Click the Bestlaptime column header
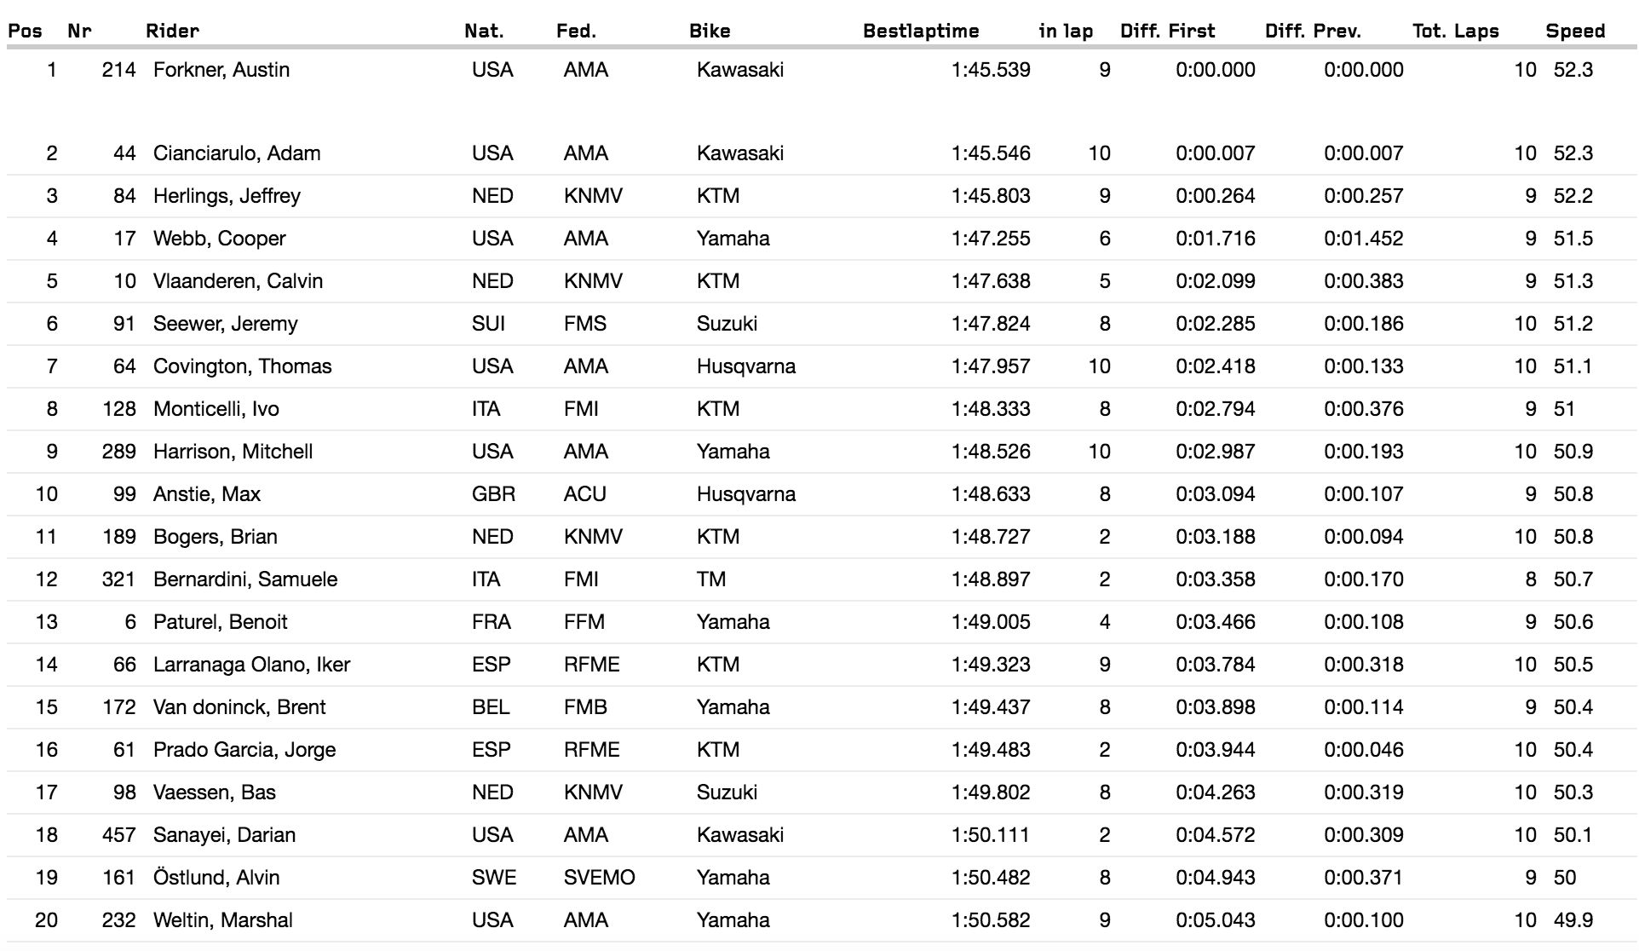tap(921, 32)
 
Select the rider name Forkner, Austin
tap(221, 70)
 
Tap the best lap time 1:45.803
tap(991, 196)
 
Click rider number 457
tap(118, 835)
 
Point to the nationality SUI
tap(488, 324)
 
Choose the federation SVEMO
tap(599, 878)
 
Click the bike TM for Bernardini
tap(710, 579)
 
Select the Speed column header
tap(1575, 32)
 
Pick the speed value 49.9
tap(1573, 920)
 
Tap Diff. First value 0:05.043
tap(1215, 920)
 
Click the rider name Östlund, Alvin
tap(216, 878)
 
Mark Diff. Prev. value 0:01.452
tap(1363, 239)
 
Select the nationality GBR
tap(493, 494)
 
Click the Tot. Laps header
tap(1455, 32)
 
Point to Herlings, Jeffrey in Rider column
tap(227, 196)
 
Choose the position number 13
tap(46, 622)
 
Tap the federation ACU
tap(584, 494)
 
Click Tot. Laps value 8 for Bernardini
tap(1530, 579)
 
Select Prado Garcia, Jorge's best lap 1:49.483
tap(991, 750)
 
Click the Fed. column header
tap(576, 32)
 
